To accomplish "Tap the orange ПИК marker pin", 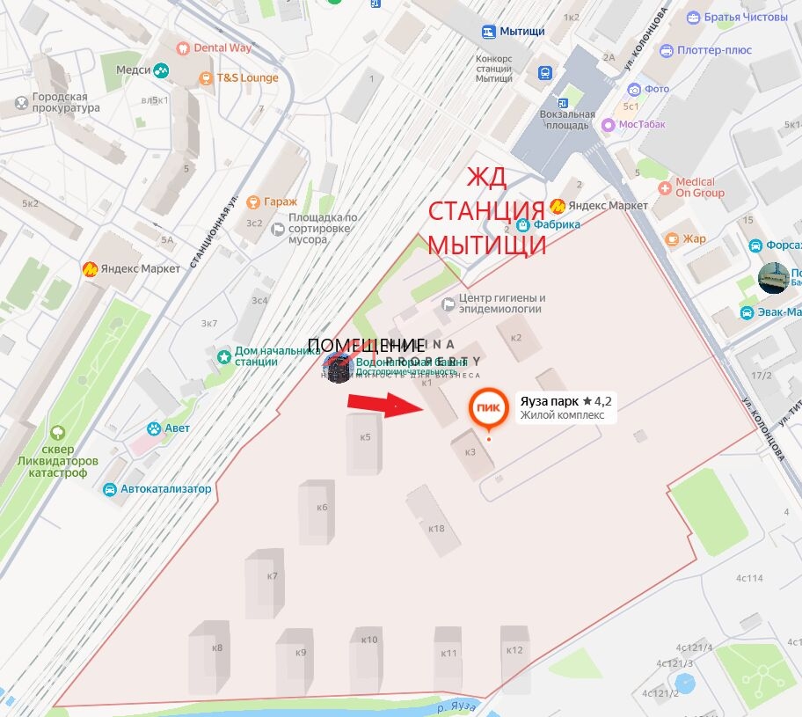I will pyautogui.click(x=488, y=408).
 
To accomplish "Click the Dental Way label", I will pyautogui.click(x=222, y=48).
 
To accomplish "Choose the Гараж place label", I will pyautogui.click(x=280, y=201).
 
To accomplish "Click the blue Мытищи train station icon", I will pyautogui.click(x=488, y=32).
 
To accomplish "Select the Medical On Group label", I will pyautogui.click(x=700, y=187).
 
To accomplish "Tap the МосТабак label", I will pyautogui.click(x=641, y=124).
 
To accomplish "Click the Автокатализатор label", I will pyautogui.click(x=165, y=489).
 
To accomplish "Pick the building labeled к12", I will pyautogui.click(x=514, y=651).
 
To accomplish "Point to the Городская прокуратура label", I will pyautogui.click(x=65, y=102).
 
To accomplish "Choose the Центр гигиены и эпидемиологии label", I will pyautogui.click(x=501, y=304).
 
